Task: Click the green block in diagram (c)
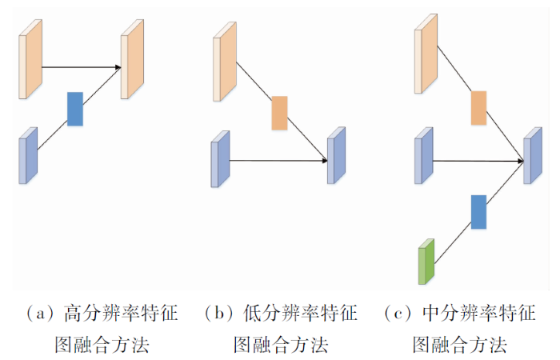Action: pyautogui.click(x=426, y=262)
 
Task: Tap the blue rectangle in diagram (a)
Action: pyautogui.click(x=75, y=109)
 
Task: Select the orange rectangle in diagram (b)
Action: pyautogui.click(x=280, y=113)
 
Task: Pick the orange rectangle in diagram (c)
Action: pyautogui.click(x=479, y=108)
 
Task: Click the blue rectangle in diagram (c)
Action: pyautogui.click(x=479, y=212)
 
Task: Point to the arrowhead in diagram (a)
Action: pyautogui.click(x=118, y=67)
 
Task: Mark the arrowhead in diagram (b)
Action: pyautogui.click(x=325, y=161)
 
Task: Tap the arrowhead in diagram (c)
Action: pyautogui.click(x=521, y=161)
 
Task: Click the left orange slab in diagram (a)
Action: pyautogui.click(x=30, y=59)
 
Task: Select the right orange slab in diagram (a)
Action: pyautogui.click(x=132, y=59)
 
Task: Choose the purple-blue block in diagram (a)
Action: pyautogui.click(x=28, y=156)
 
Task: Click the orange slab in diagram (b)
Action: pyautogui.click(x=225, y=62)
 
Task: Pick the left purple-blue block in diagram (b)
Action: pyautogui.click(x=220, y=159)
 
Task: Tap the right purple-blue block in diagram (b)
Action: pyautogui.click(x=337, y=155)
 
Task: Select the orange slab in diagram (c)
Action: pyautogui.click(x=426, y=54)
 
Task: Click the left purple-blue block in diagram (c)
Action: pyautogui.click(x=424, y=156)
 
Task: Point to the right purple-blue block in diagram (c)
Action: pyautogui.click(x=533, y=156)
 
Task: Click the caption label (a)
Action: pyautogui.click(x=40, y=314)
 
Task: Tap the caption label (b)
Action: pyautogui.click(x=219, y=314)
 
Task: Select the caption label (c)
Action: pyautogui.click(x=398, y=314)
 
